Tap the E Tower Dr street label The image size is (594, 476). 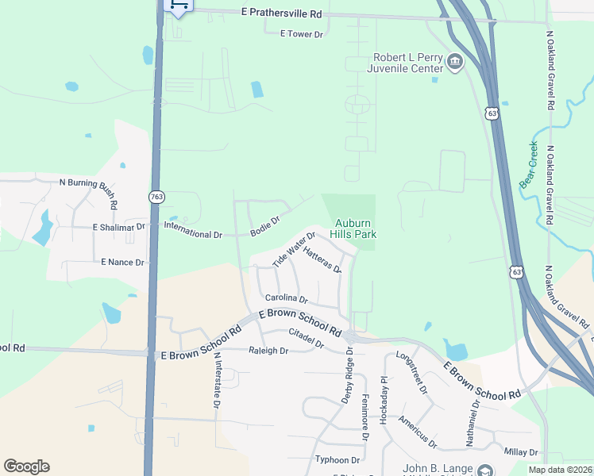coord(303,34)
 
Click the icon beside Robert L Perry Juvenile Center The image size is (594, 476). coord(455,62)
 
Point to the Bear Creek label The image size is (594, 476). coord(530,163)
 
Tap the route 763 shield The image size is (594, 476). coord(156,195)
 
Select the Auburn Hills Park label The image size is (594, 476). coord(354,228)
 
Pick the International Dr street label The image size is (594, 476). coord(193,235)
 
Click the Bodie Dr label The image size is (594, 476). coord(265,226)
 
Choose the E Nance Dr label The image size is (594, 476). coord(122,262)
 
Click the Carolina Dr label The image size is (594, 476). coord(286,299)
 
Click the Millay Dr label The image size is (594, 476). coord(521,451)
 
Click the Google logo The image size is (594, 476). coord(27,466)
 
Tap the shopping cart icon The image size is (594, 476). coord(179,6)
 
